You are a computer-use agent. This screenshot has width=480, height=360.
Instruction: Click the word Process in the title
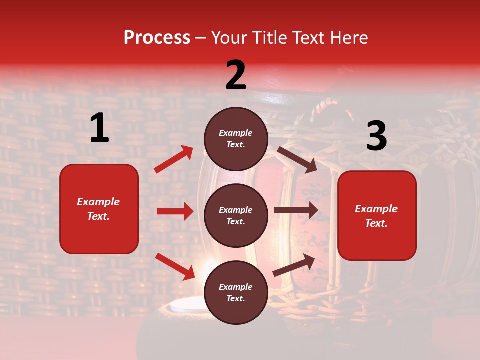click(157, 38)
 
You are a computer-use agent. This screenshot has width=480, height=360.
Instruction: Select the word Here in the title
click(348, 38)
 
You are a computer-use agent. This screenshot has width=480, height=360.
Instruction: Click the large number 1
click(99, 128)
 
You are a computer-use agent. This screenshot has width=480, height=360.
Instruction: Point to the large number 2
click(236, 75)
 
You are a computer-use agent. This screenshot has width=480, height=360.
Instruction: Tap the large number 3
click(376, 136)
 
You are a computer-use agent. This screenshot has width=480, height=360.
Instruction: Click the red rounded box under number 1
click(99, 209)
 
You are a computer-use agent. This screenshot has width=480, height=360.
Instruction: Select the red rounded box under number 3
click(377, 215)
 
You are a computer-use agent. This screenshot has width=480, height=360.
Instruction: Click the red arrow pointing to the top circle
click(173, 159)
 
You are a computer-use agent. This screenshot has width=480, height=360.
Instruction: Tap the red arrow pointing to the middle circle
click(175, 211)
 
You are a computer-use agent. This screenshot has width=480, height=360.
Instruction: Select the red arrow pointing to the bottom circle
click(175, 266)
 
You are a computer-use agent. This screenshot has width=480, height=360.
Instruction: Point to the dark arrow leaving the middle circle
click(295, 210)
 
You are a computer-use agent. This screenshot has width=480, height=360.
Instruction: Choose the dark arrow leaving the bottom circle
click(294, 265)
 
